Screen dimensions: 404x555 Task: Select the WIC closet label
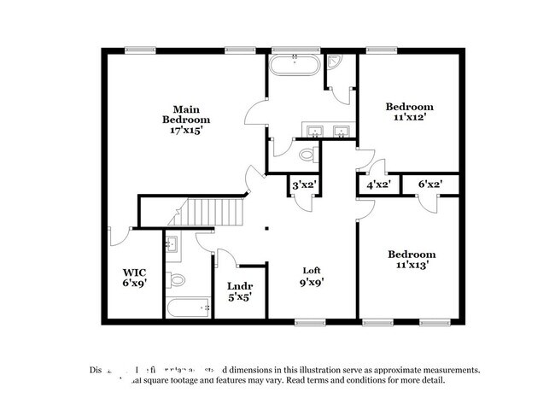point(135,273)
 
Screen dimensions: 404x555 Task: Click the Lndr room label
point(237,287)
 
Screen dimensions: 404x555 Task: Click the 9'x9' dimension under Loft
point(311,282)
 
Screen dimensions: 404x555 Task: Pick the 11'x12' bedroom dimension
point(410,119)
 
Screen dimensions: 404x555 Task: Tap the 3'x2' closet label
point(305,184)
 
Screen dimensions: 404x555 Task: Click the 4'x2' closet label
point(377,184)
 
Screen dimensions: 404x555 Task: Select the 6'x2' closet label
point(430,184)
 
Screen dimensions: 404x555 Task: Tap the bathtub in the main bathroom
point(295,65)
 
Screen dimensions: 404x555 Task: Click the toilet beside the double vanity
point(308,155)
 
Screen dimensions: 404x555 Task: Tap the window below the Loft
point(308,322)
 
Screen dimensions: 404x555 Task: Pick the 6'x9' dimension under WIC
point(135,285)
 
